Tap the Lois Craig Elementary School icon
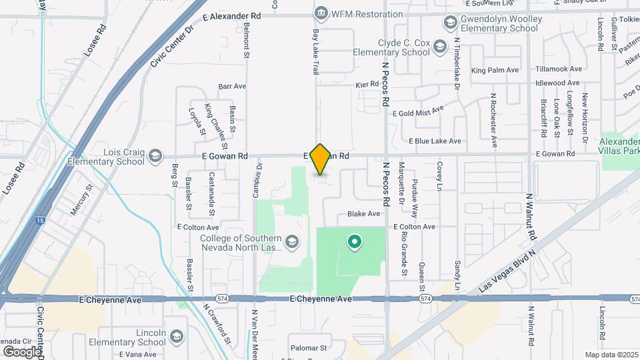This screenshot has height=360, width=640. click(155, 156)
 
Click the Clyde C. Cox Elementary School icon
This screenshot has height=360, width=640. click(439, 46)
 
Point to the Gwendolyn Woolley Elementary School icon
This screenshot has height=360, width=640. click(449, 23)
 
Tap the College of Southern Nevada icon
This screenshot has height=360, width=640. click(291, 241)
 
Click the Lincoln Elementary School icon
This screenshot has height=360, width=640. click(176, 335)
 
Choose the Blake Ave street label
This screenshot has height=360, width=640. click(363, 214)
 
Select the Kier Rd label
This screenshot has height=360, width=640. click(367, 85)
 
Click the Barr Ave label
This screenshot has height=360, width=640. click(232, 86)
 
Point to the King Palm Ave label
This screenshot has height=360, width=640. click(495, 70)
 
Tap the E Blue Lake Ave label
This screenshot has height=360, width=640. click(435, 141)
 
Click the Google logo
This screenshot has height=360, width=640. click(21, 351)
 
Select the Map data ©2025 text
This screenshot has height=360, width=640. click(611, 355)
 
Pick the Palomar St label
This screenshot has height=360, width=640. click(309, 348)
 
